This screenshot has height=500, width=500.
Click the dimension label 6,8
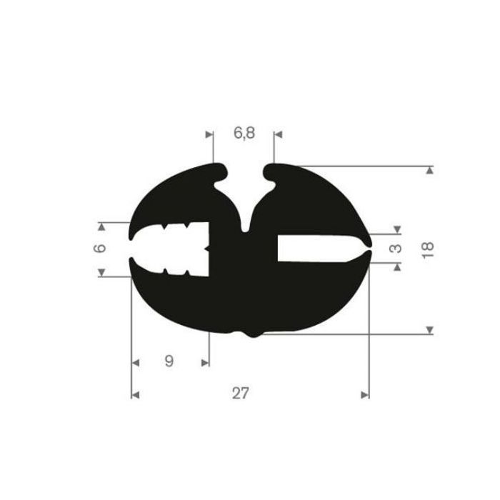coord(243,134)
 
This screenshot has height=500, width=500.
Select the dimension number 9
coord(169,361)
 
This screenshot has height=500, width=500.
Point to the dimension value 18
coord(427,249)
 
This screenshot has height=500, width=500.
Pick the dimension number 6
coord(101,249)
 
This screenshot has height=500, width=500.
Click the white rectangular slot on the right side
coord(314,248)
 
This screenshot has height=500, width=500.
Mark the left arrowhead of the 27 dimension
coord(135,394)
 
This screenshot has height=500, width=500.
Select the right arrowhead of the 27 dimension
coord(366,394)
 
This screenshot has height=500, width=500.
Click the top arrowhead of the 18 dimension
coord(429,170)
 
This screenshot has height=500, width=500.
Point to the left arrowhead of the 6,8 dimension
coord(209,134)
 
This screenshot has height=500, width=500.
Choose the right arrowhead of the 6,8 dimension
coord(278,134)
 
